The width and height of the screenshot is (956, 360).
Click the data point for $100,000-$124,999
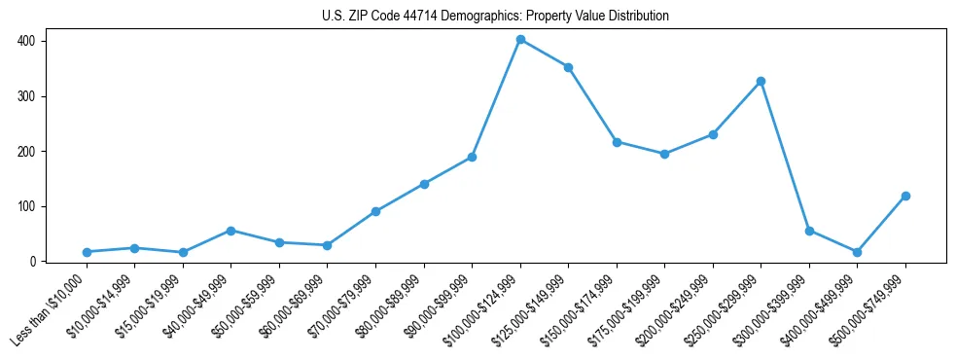click(520, 40)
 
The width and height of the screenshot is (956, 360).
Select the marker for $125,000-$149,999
click(568, 67)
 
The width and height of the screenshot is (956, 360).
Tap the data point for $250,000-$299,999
click(761, 81)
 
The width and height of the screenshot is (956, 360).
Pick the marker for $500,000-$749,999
click(905, 196)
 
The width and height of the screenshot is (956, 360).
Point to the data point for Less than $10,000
click(87, 252)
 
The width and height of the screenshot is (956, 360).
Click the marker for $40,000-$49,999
click(230, 231)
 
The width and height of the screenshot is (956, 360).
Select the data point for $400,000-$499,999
click(857, 252)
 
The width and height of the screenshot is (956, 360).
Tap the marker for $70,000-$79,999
click(375, 211)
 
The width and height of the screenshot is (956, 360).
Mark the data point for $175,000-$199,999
click(664, 154)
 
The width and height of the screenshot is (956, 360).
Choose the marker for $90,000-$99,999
click(472, 157)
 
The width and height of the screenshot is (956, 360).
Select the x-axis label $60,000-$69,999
click(296, 306)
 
